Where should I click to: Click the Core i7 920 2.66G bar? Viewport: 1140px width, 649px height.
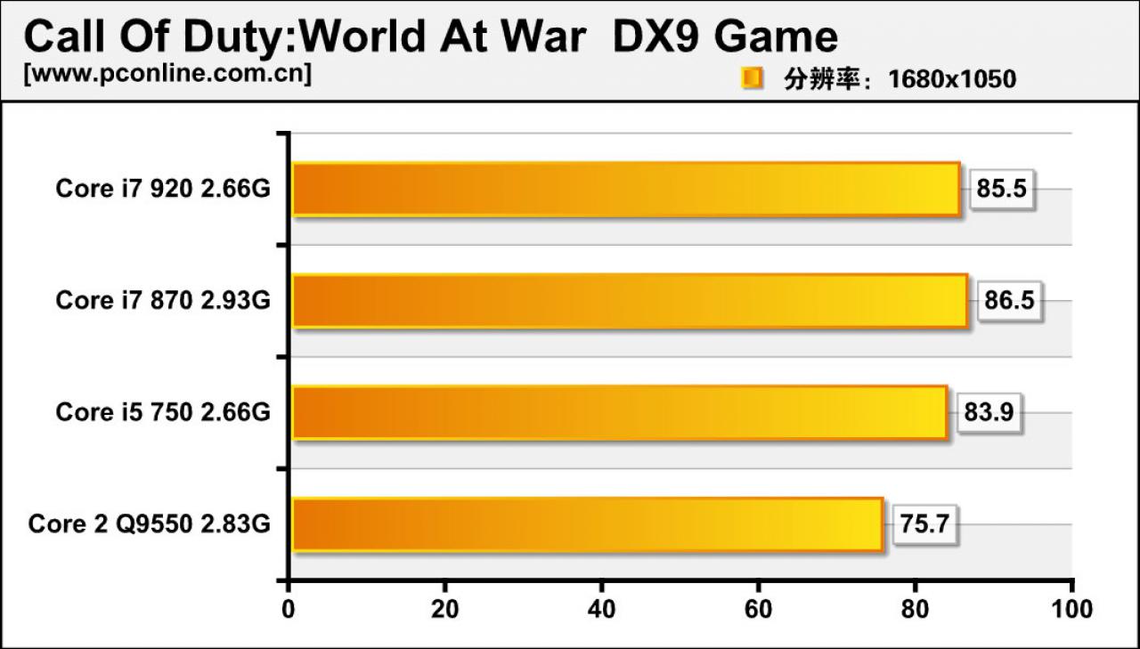pos(626,190)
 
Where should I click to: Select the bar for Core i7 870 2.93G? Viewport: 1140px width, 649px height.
pos(630,301)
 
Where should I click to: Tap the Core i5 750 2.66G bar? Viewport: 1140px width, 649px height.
pos(620,412)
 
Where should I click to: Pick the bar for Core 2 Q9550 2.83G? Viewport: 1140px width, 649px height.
pos(588,524)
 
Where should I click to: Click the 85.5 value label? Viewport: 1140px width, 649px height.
pos(1002,189)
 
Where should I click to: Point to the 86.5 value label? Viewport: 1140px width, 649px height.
pos(1009,301)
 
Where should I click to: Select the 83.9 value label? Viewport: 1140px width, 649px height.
pos(989,412)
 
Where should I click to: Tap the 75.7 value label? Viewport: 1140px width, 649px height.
pos(924,524)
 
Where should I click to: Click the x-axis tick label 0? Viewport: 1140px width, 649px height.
pos(289,609)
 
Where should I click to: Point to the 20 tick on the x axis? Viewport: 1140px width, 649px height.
pos(445,609)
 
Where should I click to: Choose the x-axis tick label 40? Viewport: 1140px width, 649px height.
pos(601,609)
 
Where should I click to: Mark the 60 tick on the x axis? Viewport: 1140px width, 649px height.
pos(758,609)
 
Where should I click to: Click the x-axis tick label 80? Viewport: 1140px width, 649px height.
pos(915,609)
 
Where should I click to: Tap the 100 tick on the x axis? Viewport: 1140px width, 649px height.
pos(1071,609)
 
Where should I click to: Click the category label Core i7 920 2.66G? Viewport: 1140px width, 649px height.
pos(163,189)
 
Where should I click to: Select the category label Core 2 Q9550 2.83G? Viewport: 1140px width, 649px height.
pos(149,524)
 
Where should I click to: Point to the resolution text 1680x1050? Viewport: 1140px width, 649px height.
pos(952,79)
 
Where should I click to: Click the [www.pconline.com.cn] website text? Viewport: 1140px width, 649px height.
pos(167,74)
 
